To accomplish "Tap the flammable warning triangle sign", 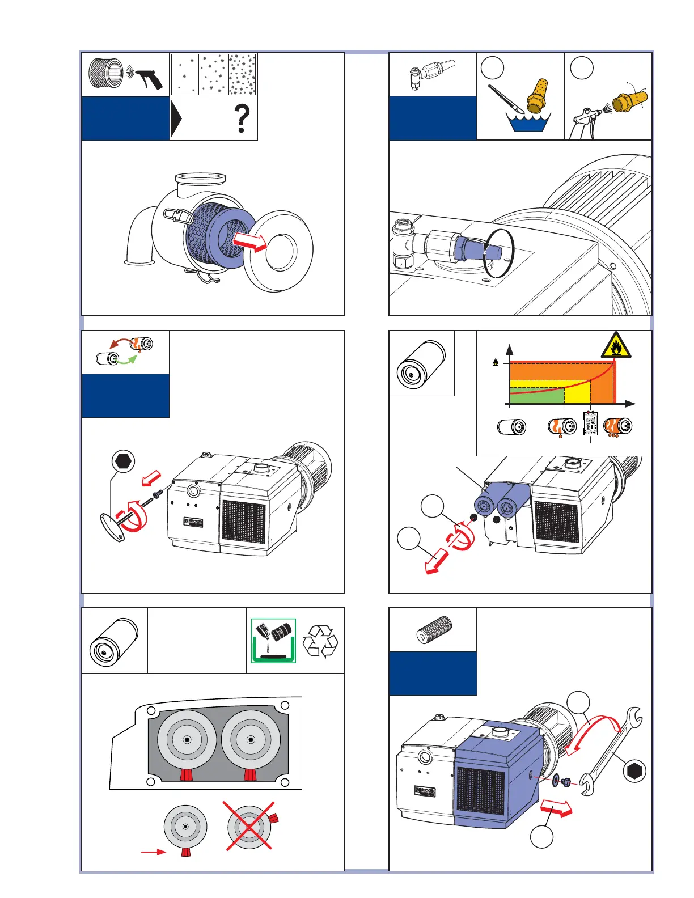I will [x=616, y=345].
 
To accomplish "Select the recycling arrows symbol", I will [x=320, y=641].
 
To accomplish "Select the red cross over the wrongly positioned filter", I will [x=249, y=826].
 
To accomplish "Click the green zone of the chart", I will [x=536, y=396].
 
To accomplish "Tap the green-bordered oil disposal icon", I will [x=273, y=641].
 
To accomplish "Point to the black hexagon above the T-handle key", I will [x=123, y=461].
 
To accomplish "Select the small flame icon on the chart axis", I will [x=496, y=361].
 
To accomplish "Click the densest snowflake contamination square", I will [x=242, y=74].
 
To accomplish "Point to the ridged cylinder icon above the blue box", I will [x=435, y=630].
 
